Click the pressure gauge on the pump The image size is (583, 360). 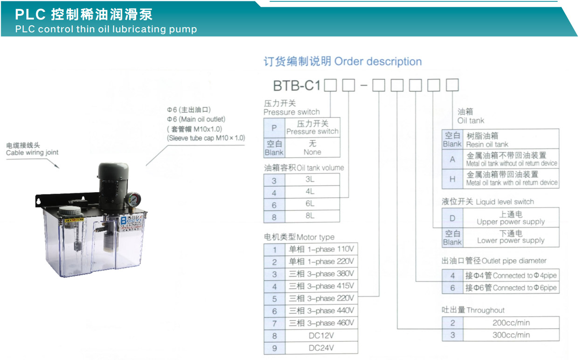(133, 200)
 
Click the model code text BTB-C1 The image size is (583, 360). (297, 85)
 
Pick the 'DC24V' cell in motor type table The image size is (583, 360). (321, 348)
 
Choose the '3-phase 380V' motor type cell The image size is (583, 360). (321, 274)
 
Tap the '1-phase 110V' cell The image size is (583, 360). (321, 249)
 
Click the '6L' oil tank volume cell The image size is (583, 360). (310, 204)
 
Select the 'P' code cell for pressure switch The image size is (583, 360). (274, 128)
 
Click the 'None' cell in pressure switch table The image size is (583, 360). (312, 148)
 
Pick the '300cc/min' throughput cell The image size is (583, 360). (511, 335)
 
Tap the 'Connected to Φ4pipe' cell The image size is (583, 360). (511, 276)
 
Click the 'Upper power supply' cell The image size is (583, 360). (511, 218)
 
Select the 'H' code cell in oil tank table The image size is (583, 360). (452, 179)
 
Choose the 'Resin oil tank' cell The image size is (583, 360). (511, 139)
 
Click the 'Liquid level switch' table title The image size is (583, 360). (488, 202)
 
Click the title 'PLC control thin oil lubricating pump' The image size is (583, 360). (106, 29)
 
